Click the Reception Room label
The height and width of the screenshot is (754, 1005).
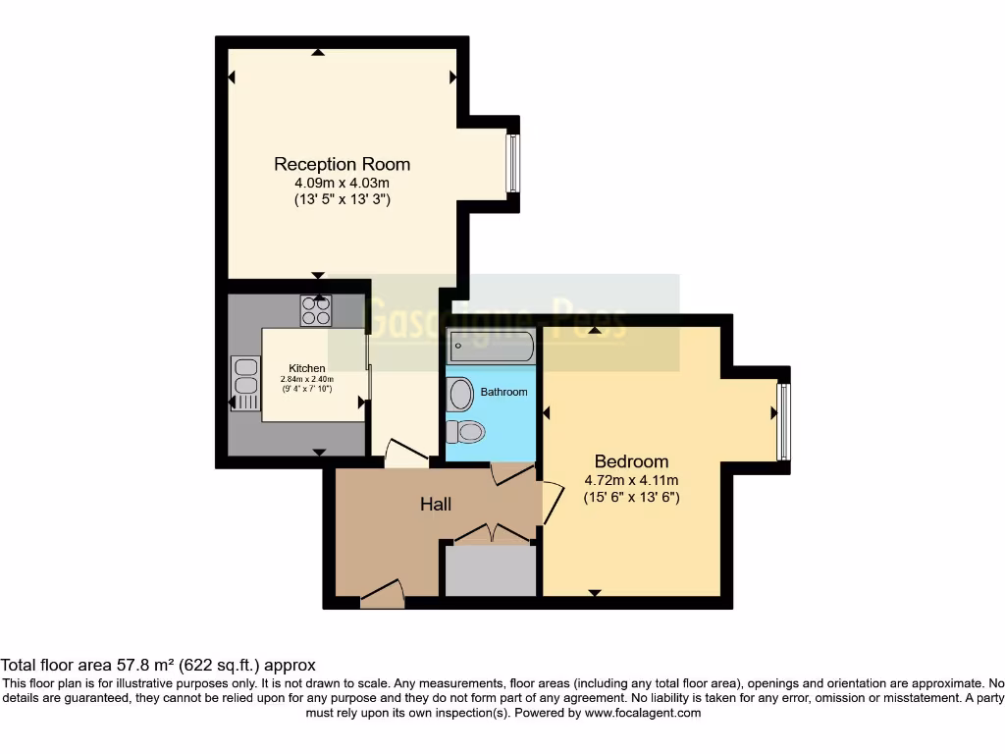(342, 164)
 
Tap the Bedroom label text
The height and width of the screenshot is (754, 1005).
(631, 461)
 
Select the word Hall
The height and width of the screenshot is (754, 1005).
(436, 504)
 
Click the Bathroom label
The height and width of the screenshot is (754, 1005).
(503, 392)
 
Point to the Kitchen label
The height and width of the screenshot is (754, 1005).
(306, 368)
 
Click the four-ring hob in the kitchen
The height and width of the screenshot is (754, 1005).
(316, 310)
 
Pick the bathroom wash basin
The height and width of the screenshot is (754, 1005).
(458, 395)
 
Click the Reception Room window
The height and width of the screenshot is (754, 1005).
(512, 162)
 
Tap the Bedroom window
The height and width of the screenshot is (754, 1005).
(782, 421)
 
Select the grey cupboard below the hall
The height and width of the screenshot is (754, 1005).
(491, 570)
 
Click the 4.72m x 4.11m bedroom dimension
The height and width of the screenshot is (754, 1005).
(631, 480)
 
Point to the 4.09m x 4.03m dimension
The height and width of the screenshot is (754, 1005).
(342, 183)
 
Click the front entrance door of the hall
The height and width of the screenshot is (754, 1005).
(383, 593)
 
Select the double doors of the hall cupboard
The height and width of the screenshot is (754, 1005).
(491, 533)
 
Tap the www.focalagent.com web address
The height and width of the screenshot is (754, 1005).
(642, 714)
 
